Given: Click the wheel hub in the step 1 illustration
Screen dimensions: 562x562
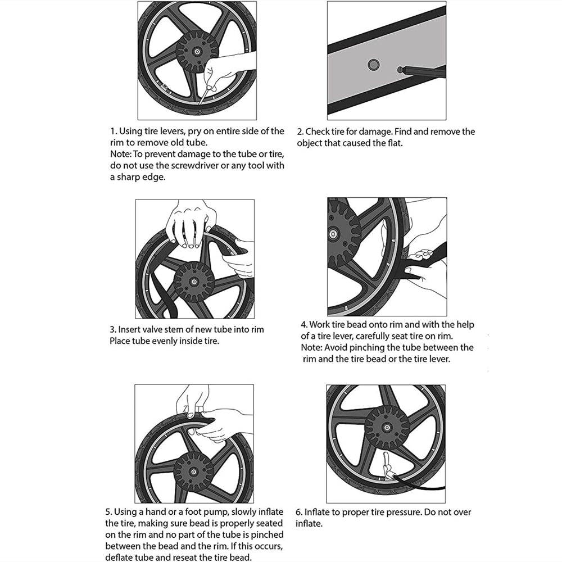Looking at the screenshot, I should pos(197,51).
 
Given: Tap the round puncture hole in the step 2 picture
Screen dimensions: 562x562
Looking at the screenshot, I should pos(373,65).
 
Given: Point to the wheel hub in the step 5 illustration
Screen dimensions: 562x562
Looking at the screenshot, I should pos(193,470).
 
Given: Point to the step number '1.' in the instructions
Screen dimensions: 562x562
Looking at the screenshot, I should pos(112,132).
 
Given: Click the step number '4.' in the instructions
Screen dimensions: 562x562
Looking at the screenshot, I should pos(304,325).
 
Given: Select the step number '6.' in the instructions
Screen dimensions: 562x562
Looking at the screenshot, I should pos(299,512).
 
